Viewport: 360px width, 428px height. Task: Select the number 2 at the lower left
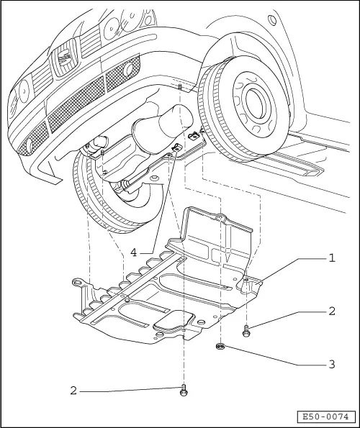pyautogui.click(x=74, y=391)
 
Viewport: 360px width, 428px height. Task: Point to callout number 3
pyautogui.click(x=332, y=364)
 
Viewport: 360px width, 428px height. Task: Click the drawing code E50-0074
pyautogui.click(x=326, y=416)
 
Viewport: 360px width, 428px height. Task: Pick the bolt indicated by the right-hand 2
pyautogui.click(x=247, y=330)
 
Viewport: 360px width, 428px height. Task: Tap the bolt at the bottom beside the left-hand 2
pyautogui.click(x=184, y=391)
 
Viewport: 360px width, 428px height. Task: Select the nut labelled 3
pyautogui.click(x=220, y=347)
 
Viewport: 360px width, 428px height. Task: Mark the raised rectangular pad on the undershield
pyautogui.click(x=173, y=322)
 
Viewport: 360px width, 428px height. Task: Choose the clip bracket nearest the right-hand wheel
pyautogui.click(x=193, y=135)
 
